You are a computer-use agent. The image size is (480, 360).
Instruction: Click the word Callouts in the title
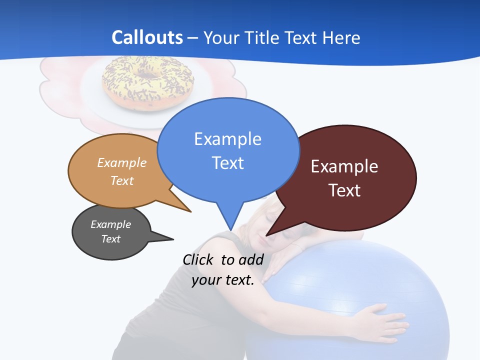147,37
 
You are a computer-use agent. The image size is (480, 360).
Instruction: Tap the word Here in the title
341,38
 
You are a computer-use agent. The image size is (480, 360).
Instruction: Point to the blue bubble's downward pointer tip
230,229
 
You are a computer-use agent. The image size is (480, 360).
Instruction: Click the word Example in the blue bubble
227,138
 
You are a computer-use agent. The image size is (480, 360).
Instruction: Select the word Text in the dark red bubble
344,190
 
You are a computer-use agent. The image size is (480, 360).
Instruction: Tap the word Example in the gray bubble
111,224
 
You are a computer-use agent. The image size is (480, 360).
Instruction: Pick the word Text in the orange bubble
122,180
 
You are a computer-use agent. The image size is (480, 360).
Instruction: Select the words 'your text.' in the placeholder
223,280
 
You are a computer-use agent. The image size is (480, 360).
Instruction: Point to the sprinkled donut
147,82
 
